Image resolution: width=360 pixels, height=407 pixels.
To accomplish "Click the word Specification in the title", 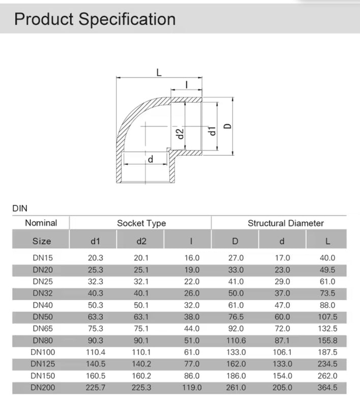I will coord(127,20).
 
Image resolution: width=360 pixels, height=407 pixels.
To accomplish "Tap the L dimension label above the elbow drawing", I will coord(159,72).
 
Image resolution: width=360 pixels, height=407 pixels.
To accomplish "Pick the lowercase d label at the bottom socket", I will coord(150,159).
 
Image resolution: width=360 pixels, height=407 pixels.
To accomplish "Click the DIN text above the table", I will coord(20,208).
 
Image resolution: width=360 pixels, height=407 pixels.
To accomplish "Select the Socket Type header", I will coord(141,223).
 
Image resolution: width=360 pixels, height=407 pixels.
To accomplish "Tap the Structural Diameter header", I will coord(286,223).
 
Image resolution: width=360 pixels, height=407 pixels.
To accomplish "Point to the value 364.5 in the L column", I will coord(327,387).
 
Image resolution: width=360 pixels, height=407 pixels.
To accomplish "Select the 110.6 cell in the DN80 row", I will coord(235,340).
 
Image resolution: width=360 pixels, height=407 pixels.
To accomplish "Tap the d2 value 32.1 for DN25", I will coord(141,281).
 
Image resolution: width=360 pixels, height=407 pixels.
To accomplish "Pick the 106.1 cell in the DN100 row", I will coord(282,352).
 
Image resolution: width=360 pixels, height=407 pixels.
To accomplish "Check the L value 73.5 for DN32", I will coord(327,293).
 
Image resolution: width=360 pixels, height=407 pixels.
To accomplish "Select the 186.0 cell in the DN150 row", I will coord(235,375).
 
